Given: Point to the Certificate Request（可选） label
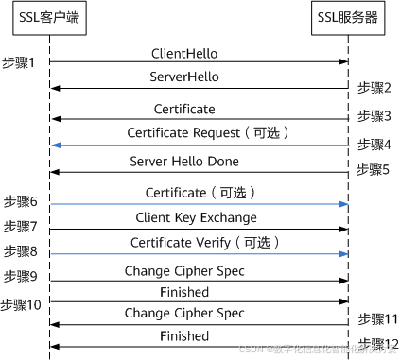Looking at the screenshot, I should pos(200,133).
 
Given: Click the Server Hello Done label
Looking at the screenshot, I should pos(200,162).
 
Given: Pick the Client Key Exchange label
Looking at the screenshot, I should pos(200,217).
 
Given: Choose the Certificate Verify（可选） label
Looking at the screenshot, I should pos(200,243).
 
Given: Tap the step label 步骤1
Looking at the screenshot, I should pos(19,62).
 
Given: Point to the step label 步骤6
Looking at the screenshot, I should pos(20,202).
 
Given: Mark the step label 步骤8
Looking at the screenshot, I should pos(20,252).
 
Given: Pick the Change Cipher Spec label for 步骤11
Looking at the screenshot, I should pos(200,313).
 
